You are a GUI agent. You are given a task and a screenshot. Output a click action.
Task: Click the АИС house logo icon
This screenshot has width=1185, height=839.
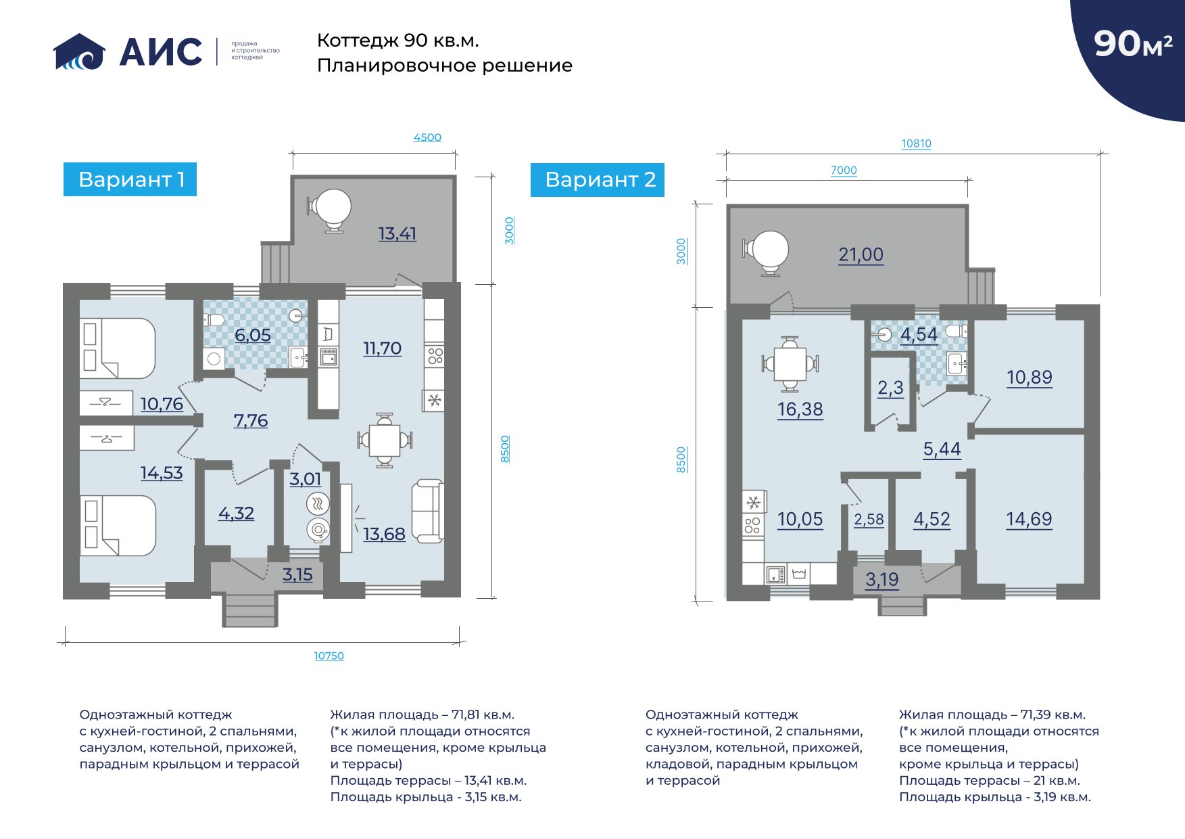pyautogui.click(x=79, y=51)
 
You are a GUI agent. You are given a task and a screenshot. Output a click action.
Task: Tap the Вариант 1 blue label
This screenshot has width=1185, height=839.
pyautogui.click(x=130, y=179)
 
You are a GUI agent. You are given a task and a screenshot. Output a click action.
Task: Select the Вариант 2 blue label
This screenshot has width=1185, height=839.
pyautogui.click(x=598, y=179)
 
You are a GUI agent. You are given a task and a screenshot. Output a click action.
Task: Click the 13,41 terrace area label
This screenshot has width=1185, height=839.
pyautogui.click(x=397, y=233)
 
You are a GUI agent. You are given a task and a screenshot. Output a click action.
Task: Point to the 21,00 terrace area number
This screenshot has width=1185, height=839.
pyautogui.click(x=861, y=254)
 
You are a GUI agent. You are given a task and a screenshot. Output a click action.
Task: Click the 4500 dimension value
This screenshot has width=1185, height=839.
pyautogui.click(x=427, y=137)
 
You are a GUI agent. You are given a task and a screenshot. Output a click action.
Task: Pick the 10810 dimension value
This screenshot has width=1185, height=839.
pyautogui.click(x=916, y=143)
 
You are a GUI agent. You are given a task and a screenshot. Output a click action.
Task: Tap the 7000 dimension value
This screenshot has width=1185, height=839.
pyautogui.click(x=844, y=171)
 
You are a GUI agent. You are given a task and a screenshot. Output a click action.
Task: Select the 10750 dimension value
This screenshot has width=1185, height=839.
pyautogui.click(x=329, y=656)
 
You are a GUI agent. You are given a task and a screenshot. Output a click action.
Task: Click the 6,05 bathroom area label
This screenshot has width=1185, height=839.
pyautogui.click(x=253, y=335)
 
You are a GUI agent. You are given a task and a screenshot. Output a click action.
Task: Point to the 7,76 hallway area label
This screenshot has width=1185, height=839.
pyautogui.click(x=251, y=420)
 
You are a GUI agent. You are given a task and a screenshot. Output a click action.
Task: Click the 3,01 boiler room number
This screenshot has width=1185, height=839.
pyautogui.click(x=306, y=479)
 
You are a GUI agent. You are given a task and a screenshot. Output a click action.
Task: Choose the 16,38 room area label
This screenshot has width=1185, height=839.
pyautogui.click(x=800, y=409)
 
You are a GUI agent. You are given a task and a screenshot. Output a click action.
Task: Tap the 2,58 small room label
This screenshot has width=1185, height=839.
pyautogui.click(x=869, y=519)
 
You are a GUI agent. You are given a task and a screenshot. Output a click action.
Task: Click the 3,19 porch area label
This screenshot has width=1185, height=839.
pyautogui.click(x=882, y=579)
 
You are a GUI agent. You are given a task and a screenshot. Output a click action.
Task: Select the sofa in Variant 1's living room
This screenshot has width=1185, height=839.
pyautogui.click(x=427, y=511)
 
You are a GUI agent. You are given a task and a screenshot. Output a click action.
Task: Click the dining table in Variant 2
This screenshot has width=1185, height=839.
pyautogui.click(x=790, y=364)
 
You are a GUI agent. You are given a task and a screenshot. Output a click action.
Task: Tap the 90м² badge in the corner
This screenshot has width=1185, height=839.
pyautogui.click(x=1133, y=43)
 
